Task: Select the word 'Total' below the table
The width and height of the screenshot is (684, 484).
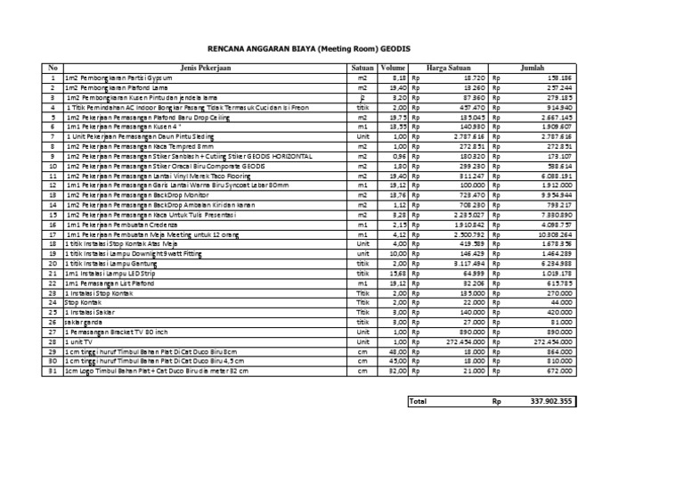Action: coord(419,401)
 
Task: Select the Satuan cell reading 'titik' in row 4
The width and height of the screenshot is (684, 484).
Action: coord(362,107)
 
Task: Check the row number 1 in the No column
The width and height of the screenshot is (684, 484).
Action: coord(53,78)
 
